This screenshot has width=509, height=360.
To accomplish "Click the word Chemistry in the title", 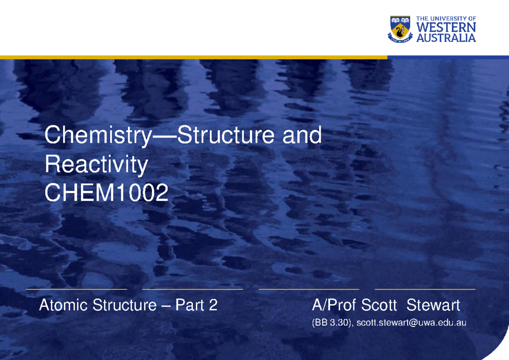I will pyautogui.click(x=97, y=136).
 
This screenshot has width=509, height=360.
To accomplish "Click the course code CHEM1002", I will pyautogui.click(x=106, y=194).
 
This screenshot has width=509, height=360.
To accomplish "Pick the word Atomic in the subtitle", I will pyautogui.click(x=64, y=305).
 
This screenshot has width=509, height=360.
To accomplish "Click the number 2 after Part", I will pyautogui.click(x=213, y=305).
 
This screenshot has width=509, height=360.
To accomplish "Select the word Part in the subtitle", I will pyautogui.click(x=190, y=305).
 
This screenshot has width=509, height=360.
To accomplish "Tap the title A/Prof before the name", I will pyautogui.click(x=334, y=305).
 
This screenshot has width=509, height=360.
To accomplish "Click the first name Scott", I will pyautogui.click(x=379, y=305).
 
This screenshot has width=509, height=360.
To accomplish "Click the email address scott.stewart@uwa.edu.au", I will pyautogui.click(x=411, y=323).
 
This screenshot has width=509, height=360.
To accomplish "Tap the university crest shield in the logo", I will pyautogui.click(x=400, y=29).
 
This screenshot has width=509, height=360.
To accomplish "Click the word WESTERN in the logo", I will pyautogui.click(x=446, y=28).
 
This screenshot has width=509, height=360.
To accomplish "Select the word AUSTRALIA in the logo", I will pyautogui.click(x=446, y=38).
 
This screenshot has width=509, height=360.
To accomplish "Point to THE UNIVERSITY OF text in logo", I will pyautogui.click(x=446, y=19).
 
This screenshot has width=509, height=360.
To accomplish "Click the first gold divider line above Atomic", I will pyautogui.click(x=76, y=289).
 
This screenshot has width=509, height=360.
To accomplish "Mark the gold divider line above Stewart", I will pyautogui.click(x=425, y=289).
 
